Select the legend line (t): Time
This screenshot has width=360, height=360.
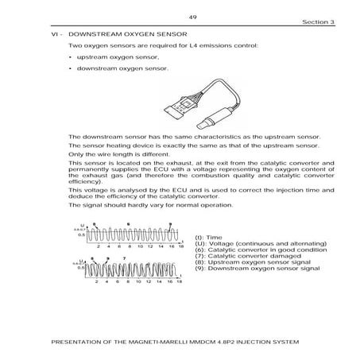click(x=208, y=238)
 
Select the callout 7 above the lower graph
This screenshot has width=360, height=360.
click(x=123, y=259)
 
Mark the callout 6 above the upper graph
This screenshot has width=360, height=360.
click(x=127, y=224)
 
